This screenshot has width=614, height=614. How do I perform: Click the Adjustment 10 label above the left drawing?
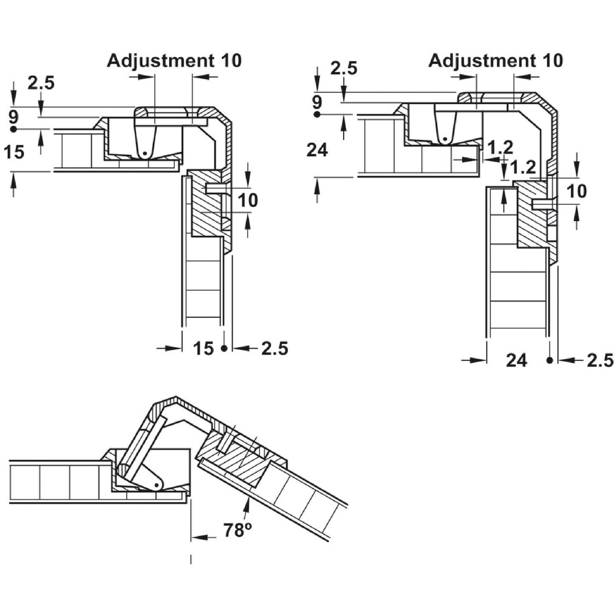click(174, 61)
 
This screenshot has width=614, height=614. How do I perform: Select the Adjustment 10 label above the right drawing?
click(495, 61)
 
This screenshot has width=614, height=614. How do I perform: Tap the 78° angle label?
click(238, 530)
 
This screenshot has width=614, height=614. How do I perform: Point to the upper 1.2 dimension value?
click(500, 147)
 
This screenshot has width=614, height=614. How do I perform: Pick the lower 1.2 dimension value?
click(522, 168)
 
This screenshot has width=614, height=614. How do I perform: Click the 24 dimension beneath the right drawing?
click(516, 360)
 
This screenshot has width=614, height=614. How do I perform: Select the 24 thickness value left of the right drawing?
click(317, 150)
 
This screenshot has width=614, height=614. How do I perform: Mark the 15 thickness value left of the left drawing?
click(14, 152)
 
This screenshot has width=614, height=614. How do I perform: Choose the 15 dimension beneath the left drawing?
click(203, 348)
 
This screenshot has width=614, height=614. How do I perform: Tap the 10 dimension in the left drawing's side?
click(248, 200)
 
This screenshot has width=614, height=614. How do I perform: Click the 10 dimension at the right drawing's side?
click(577, 191)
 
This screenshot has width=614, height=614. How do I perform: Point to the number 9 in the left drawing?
click(14, 117)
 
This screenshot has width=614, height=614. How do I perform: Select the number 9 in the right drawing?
click(317, 102)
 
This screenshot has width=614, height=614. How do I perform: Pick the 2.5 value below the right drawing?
click(600, 360)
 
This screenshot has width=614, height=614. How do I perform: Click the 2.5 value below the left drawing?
click(274, 348)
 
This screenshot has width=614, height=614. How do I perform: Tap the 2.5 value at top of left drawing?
click(41, 83)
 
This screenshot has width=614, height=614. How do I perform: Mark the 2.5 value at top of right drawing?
click(344, 68)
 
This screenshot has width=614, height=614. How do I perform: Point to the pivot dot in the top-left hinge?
click(145, 153)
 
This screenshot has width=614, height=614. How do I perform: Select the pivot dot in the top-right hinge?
click(444, 139)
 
